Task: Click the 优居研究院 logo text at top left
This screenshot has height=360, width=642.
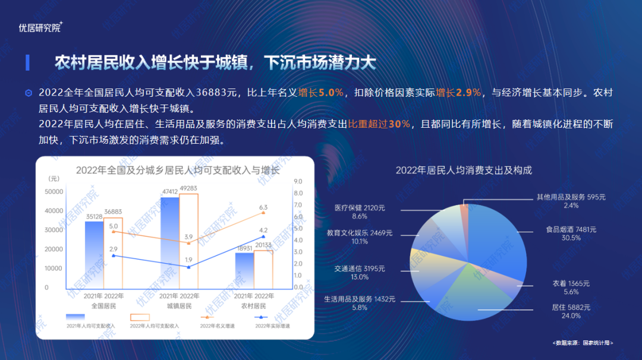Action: (x=40, y=27)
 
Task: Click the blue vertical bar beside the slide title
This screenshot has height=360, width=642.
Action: (x=27, y=62)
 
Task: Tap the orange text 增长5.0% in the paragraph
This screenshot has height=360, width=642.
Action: (x=320, y=93)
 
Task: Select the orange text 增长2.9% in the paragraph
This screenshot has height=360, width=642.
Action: (x=458, y=93)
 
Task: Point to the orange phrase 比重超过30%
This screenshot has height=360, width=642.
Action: (x=379, y=124)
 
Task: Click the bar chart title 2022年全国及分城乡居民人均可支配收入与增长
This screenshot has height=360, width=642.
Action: (x=178, y=170)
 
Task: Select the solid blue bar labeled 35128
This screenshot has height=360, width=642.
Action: (x=94, y=255)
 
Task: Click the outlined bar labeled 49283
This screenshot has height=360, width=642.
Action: (x=189, y=241)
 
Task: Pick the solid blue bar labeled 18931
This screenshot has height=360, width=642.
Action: (x=244, y=271)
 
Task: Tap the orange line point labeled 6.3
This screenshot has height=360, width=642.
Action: (x=263, y=213)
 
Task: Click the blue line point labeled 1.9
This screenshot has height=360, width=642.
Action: (x=188, y=267)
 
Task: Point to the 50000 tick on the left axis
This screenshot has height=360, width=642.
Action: (x=53, y=191)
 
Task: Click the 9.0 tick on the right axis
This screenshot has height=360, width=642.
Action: (x=298, y=181)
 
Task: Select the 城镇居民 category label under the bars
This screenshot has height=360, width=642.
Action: (x=180, y=305)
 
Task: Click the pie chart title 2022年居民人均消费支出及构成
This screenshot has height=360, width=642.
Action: (x=464, y=170)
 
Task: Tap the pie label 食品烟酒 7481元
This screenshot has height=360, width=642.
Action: (x=571, y=229)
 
